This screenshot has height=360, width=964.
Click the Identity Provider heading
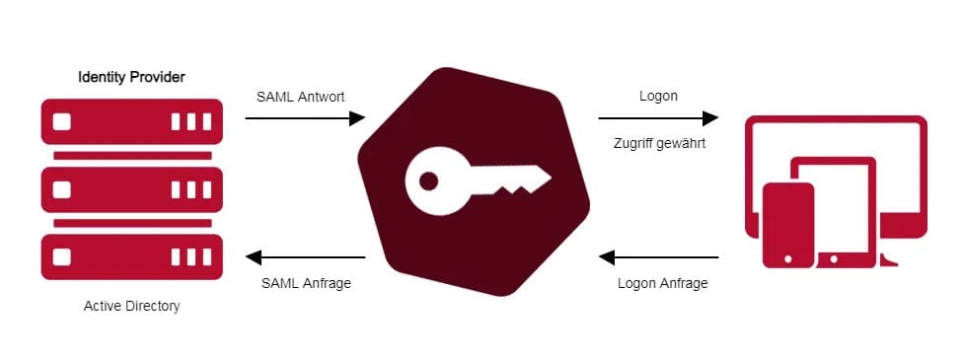point(131,76)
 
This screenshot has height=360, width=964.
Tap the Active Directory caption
point(132,307)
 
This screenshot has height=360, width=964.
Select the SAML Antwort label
point(300,97)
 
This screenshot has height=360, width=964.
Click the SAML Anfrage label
point(306,283)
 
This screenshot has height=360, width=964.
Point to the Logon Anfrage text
point(662,283)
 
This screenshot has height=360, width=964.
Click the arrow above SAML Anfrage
point(305,258)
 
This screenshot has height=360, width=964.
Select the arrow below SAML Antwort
point(305,118)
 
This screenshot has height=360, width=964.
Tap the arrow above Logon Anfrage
point(658,258)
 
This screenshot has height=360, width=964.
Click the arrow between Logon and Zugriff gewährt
point(658,118)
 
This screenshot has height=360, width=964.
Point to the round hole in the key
point(428,181)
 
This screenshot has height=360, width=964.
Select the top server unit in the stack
point(131,122)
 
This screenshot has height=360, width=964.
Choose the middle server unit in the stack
point(131,189)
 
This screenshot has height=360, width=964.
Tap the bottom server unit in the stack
point(131,256)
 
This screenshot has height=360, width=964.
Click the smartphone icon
point(788,224)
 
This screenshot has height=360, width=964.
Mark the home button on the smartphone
point(788,258)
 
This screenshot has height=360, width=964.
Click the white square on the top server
point(61,122)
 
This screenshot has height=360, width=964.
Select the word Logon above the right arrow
point(657,97)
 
